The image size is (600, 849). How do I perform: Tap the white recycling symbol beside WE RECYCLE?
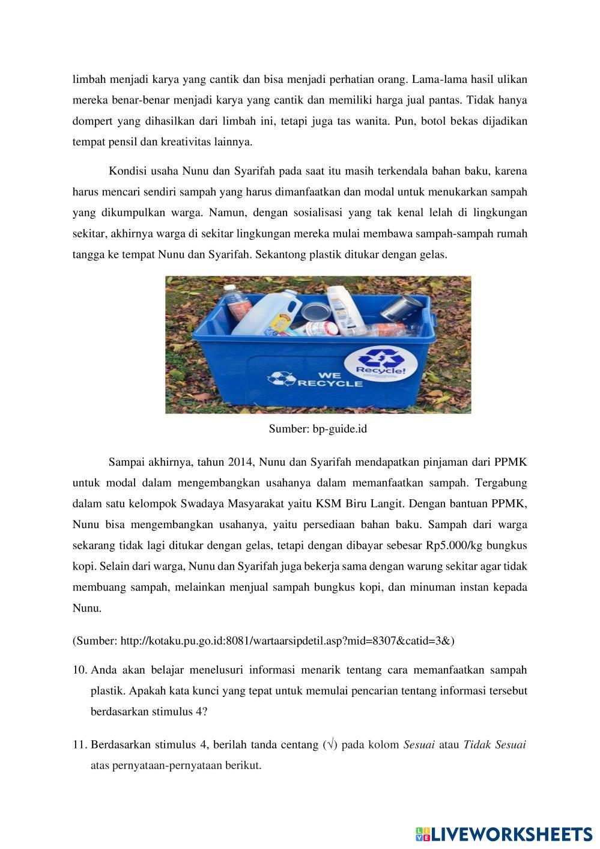(281, 379)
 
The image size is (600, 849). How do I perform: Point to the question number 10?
(80, 669)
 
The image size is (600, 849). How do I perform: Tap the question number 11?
(80, 745)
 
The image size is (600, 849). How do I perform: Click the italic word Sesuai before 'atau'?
(419, 745)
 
